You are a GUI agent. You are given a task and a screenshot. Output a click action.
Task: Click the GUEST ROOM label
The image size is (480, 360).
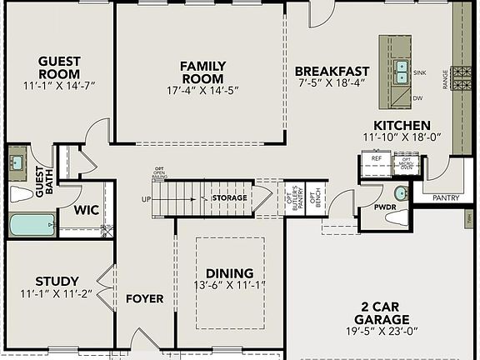(x=60, y=67)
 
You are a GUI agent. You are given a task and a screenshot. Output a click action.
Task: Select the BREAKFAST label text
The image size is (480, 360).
(x=332, y=72)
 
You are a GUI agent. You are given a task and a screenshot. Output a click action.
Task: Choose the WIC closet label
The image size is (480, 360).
(x=86, y=210)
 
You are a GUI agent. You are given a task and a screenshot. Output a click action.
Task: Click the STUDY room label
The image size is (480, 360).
(x=57, y=281)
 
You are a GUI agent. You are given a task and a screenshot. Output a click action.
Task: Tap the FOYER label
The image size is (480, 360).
(x=145, y=299)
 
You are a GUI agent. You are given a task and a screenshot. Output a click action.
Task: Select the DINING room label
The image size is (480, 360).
(x=229, y=273)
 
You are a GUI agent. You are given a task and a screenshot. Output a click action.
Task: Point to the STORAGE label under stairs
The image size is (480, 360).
(x=228, y=198)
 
